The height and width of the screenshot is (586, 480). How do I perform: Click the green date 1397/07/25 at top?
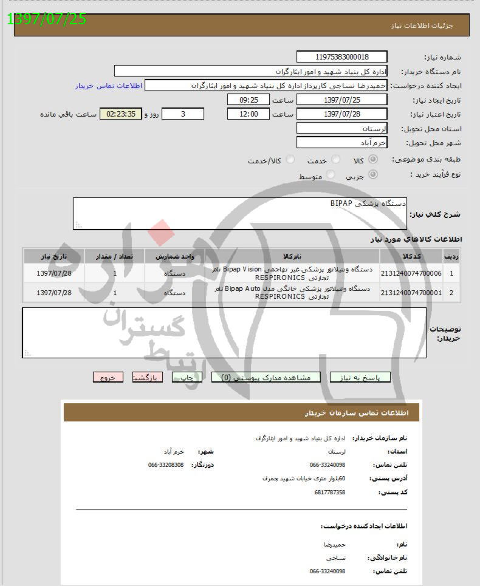(x=47, y=19)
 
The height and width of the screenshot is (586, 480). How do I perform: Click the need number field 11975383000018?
(x=341, y=57)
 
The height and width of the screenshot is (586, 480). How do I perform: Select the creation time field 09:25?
(x=248, y=100)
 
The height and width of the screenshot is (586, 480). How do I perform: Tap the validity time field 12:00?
(x=248, y=114)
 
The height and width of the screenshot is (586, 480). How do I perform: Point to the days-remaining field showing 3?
(x=183, y=114)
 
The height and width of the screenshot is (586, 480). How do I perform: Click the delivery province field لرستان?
(x=341, y=129)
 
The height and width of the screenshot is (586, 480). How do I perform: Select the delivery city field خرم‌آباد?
(x=341, y=143)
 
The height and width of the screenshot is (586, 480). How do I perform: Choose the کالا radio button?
(x=373, y=160)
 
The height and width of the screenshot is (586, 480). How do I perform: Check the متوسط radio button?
(x=331, y=175)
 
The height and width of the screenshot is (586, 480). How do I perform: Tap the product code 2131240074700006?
(x=411, y=273)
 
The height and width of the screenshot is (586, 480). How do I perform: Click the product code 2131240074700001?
(x=411, y=293)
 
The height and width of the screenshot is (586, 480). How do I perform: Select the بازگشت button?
(x=148, y=377)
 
